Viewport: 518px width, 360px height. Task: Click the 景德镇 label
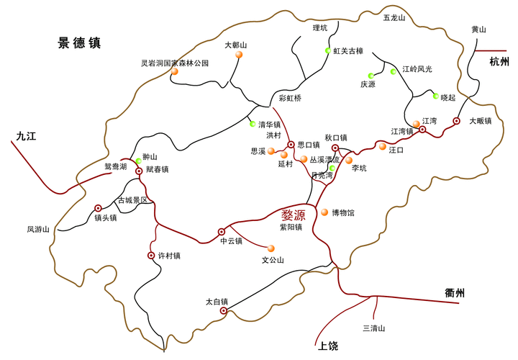pos(80,43)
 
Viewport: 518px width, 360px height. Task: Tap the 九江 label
pos(25,134)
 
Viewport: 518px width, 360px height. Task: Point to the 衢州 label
pos(455,292)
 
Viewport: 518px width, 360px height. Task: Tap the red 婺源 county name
pos(298,214)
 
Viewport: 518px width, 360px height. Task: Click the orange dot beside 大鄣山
pos(239,55)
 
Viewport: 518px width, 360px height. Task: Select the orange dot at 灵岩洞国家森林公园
pos(175,71)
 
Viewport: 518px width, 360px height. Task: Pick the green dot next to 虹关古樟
pos(327,51)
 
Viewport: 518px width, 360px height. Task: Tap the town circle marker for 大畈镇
pos(456,121)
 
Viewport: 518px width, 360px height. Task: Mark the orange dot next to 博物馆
pos(324,212)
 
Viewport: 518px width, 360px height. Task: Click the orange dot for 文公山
pos(271,248)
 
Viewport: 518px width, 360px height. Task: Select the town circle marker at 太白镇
pos(223,311)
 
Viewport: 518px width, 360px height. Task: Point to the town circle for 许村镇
pos(151,256)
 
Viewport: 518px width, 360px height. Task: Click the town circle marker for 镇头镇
pos(98,207)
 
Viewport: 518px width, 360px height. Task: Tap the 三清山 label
pos(373,328)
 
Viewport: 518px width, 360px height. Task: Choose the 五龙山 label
pos(394,17)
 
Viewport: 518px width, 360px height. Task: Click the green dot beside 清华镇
pos(253,124)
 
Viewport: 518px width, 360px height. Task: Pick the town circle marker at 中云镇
pos(222,232)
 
